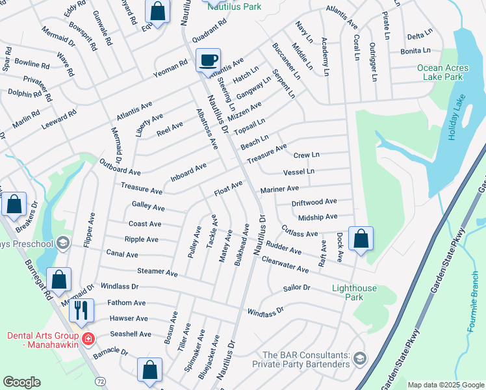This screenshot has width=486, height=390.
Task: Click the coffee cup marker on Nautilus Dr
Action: tap(208, 60)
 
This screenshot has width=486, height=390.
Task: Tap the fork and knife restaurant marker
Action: tap(81, 310)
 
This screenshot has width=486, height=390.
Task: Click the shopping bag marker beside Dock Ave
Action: tap(361, 238)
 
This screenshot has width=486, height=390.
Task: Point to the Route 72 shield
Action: tap(99, 379)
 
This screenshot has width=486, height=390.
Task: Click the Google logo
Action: tap(21, 382)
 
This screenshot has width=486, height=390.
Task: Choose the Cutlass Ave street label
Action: tap(300, 231)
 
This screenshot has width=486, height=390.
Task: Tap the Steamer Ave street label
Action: tap(157, 272)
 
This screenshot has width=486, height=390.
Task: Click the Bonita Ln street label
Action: tap(416, 50)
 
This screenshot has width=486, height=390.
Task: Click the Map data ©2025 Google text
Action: tap(446, 385)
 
